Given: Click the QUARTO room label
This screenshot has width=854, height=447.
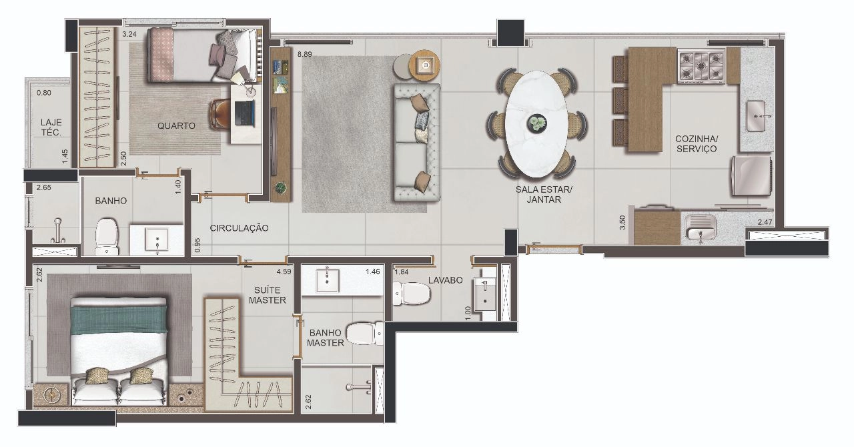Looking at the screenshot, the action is pyautogui.click(x=176, y=125).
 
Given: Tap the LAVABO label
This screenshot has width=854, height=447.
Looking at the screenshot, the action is pyautogui.click(x=445, y=280).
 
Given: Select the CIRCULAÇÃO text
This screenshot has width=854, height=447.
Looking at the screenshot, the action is pyautogui.click(x=239, y=228).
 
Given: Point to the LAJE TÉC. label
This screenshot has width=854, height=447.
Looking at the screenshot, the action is pyautogui.click(x=51, y=127).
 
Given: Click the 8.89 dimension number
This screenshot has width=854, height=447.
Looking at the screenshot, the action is pyautogui.click(x=305, y=54).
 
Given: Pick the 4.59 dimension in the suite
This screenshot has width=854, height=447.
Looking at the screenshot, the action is pyautogui.click(x=284, y=272).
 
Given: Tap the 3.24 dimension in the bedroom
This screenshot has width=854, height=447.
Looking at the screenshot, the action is pyautogui.click(x=129, y=34).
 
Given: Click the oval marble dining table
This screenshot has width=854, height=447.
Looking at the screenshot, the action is pyautogui.click(x=536, y=124).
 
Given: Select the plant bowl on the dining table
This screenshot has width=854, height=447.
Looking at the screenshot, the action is pyautogui.click(x=537, y=123).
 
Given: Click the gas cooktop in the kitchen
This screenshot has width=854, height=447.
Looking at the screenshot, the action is pyautogui.click(x=701, y=65).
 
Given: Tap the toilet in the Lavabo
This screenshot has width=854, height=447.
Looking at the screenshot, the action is pyautogui.click(x=412, y=294).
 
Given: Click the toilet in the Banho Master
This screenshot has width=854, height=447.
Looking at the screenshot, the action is pyautogui.click(x=365, y=334).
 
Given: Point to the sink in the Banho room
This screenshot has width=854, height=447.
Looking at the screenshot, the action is pyautogui.click(x=157, y=240).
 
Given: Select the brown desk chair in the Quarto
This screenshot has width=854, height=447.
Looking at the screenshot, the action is pyautogui.click(x=220, y=113).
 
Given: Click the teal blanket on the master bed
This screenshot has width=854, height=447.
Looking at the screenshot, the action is pyautogui.click(x=119, y=320).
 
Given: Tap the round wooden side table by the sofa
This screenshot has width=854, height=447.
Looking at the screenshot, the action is pyautogui.click(x=424, y=65).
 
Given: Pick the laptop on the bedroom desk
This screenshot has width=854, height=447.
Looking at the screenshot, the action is pyautogui.click(x=244, y=113).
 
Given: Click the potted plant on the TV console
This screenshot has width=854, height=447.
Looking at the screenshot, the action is pyautogui.click(x=281, y=187).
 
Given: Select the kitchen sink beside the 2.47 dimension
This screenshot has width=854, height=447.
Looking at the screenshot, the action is pyautogui.click(x=701, y=228).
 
